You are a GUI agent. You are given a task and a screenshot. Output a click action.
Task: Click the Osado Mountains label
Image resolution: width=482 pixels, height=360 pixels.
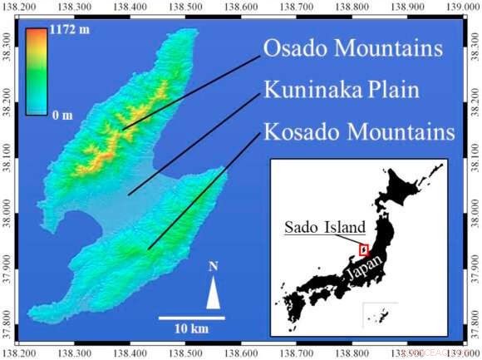click(x=352, y=49)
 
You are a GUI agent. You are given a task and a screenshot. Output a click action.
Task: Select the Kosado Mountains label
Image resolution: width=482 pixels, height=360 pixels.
click(x=358, y=132)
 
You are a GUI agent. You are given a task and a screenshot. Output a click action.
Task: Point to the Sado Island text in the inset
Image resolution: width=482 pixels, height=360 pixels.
click(x=325, y=226)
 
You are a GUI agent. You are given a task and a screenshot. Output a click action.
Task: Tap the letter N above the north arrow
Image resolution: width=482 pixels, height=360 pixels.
click(x=214, y=267)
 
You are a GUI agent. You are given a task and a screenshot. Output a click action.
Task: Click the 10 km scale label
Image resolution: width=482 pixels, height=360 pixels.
click(x=191, y=329)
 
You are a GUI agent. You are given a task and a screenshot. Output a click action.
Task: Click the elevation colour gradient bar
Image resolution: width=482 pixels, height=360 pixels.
click(x=35, y=71)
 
